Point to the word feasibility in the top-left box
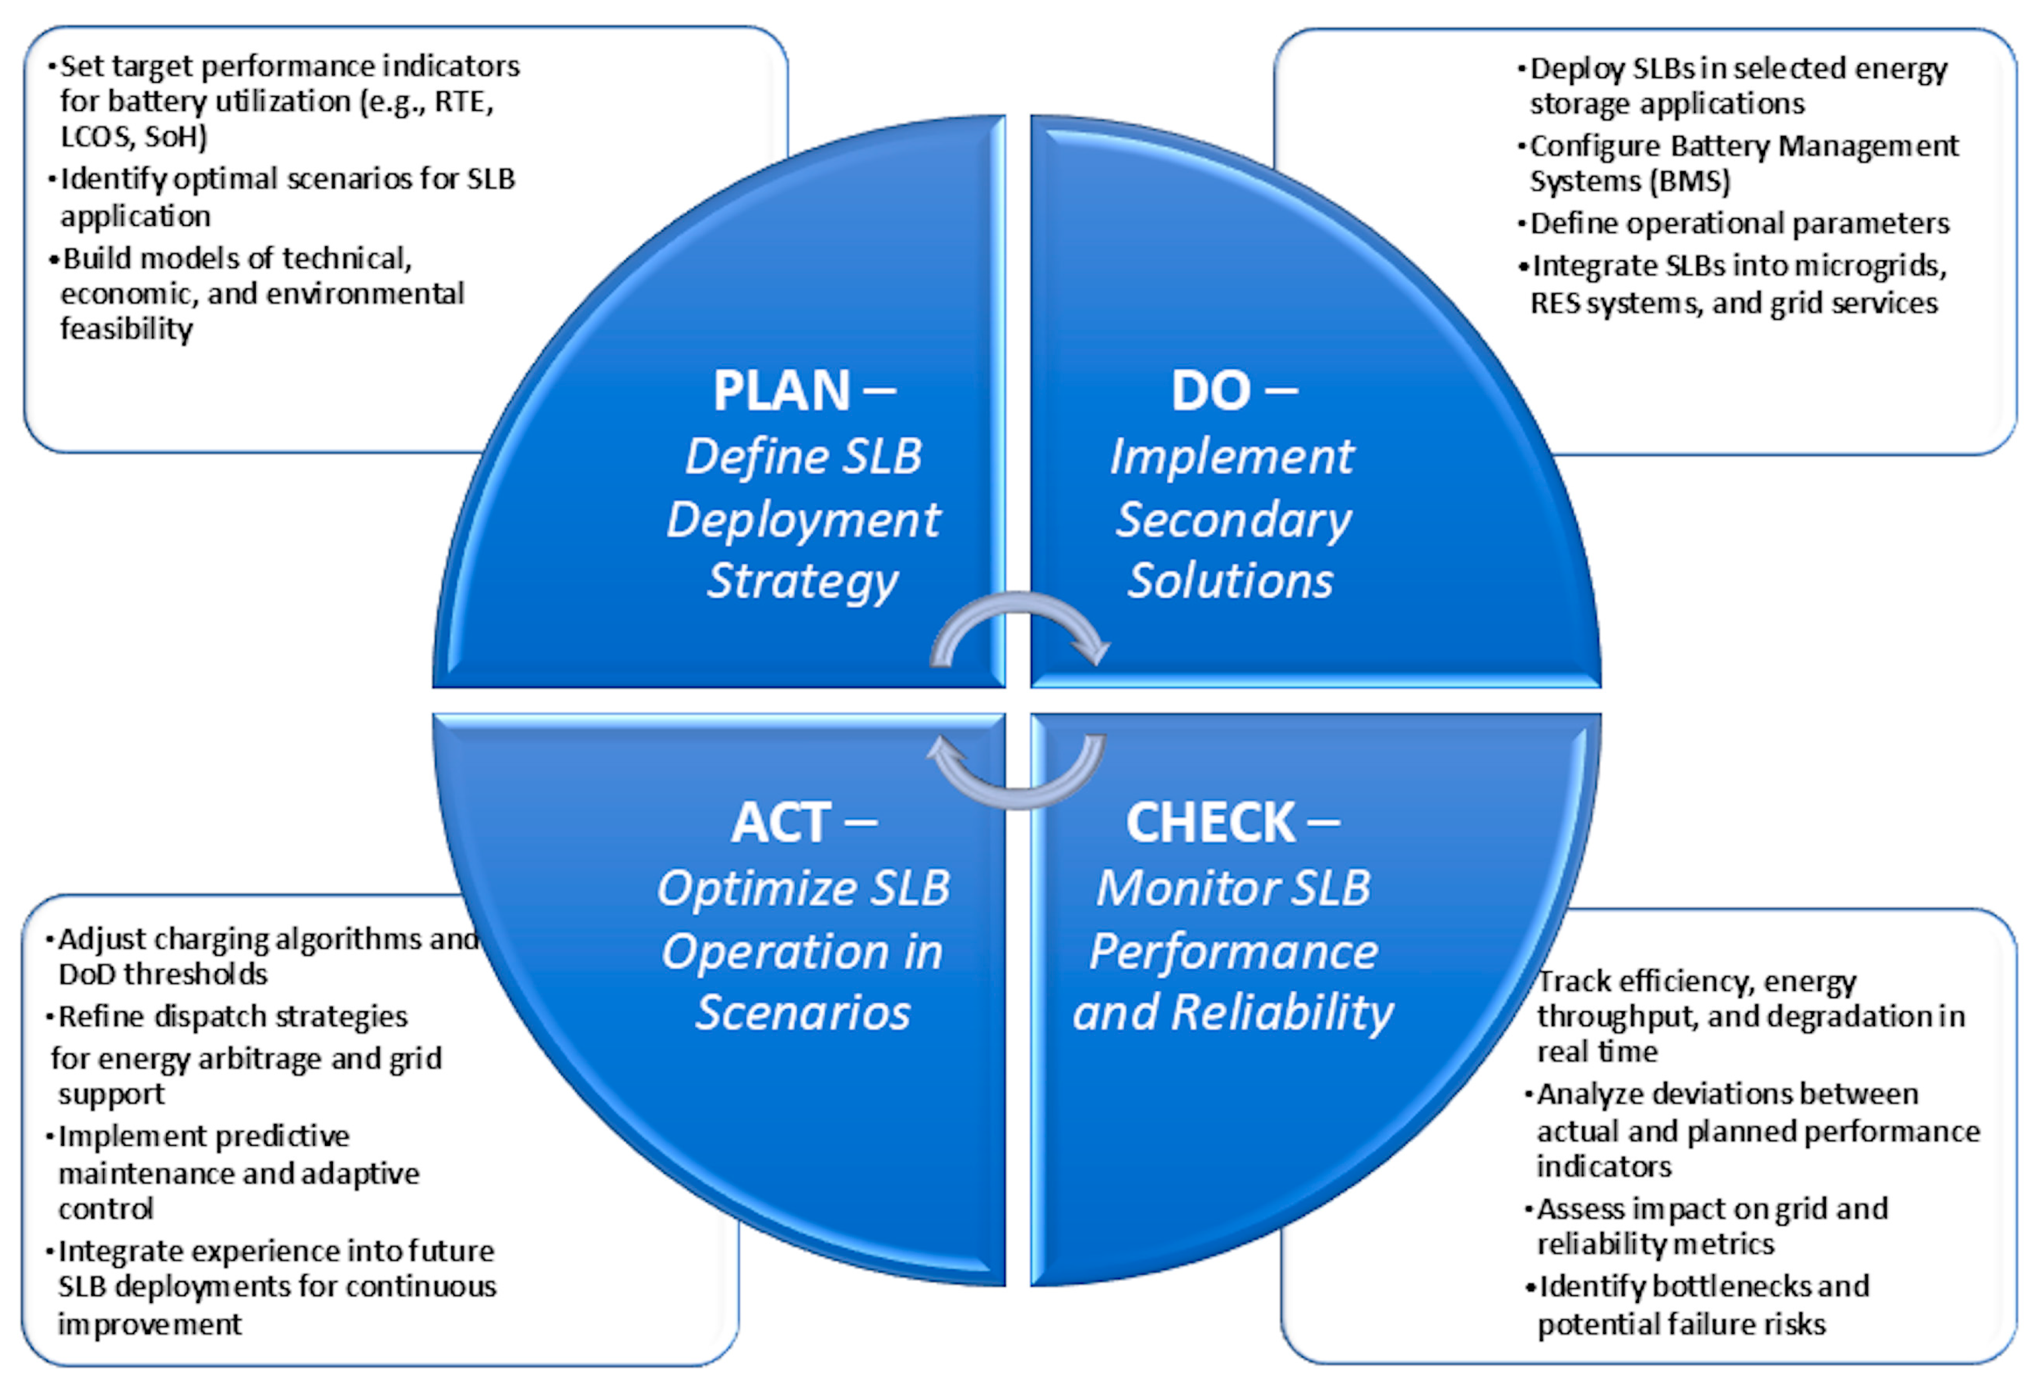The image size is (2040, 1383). point(126,330)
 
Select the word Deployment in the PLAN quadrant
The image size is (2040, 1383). point(803,520)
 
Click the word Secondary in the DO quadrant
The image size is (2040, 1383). point(1233,520)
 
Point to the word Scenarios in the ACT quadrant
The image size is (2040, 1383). point(803,1012)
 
